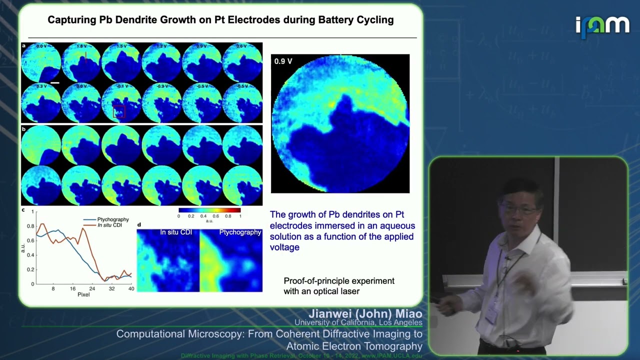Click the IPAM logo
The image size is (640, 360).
coord(602,26)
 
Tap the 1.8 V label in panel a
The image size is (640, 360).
coord(81,46)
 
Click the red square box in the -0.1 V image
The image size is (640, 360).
coord(118,112)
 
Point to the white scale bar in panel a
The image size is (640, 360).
coord(55,82)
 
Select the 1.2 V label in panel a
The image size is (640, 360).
coord(161,46)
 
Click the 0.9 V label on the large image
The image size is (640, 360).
coord(283,61)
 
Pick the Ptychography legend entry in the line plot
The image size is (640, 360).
coord(113,219)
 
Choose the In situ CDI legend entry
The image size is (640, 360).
coord(109,225)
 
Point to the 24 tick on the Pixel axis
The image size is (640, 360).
coord(92,289)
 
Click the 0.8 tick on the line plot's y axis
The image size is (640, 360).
coord(32,226)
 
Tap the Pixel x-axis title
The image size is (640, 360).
coord(83,294)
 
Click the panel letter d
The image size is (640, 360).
coord(139,224)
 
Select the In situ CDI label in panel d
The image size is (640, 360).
coord(176,232)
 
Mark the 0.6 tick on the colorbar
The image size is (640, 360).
coord(215,216)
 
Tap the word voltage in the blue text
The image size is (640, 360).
coord(284,247)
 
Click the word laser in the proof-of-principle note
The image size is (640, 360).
coord(350,291)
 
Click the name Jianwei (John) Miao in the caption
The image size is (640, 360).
coord(365,313)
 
